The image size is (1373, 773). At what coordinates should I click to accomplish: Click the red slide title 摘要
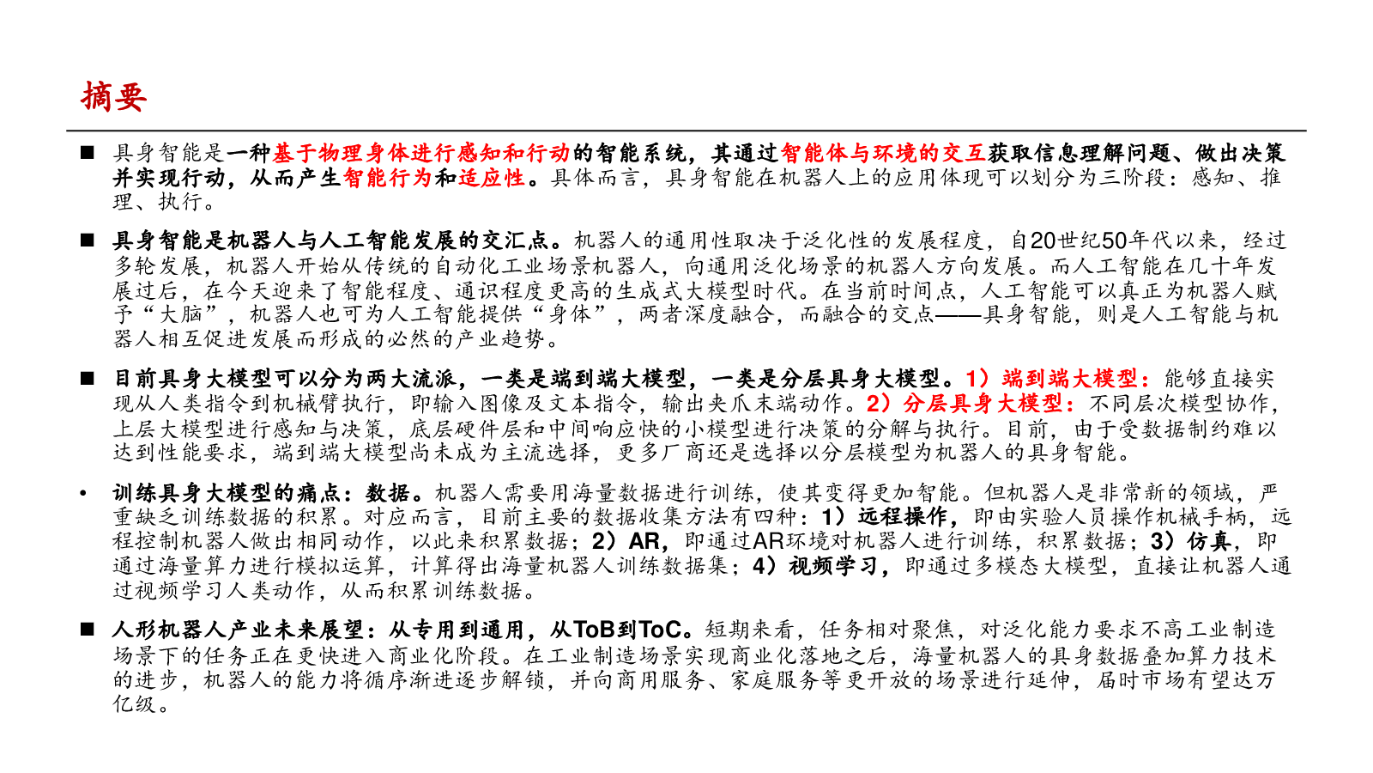click(113, 96)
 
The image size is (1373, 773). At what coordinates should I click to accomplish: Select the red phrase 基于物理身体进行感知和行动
click(420, 153)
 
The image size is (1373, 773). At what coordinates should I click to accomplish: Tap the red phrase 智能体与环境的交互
click(883, 153)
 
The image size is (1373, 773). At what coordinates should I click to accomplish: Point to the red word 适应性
click(491, 178)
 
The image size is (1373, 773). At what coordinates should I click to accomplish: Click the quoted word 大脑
click(180, 314)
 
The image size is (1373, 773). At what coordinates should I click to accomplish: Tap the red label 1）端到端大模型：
click(1060, 378)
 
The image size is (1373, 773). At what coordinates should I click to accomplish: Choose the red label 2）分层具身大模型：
click(971, 403)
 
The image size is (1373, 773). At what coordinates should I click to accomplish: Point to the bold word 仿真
click(1207, 541)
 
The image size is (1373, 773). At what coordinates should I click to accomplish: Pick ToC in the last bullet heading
click(661, 630)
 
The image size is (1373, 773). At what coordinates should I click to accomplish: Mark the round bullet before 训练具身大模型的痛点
click(83, 493)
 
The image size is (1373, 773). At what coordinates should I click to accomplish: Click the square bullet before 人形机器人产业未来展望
click(87, 630)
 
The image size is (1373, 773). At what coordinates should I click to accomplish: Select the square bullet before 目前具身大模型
click(87, 378)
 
